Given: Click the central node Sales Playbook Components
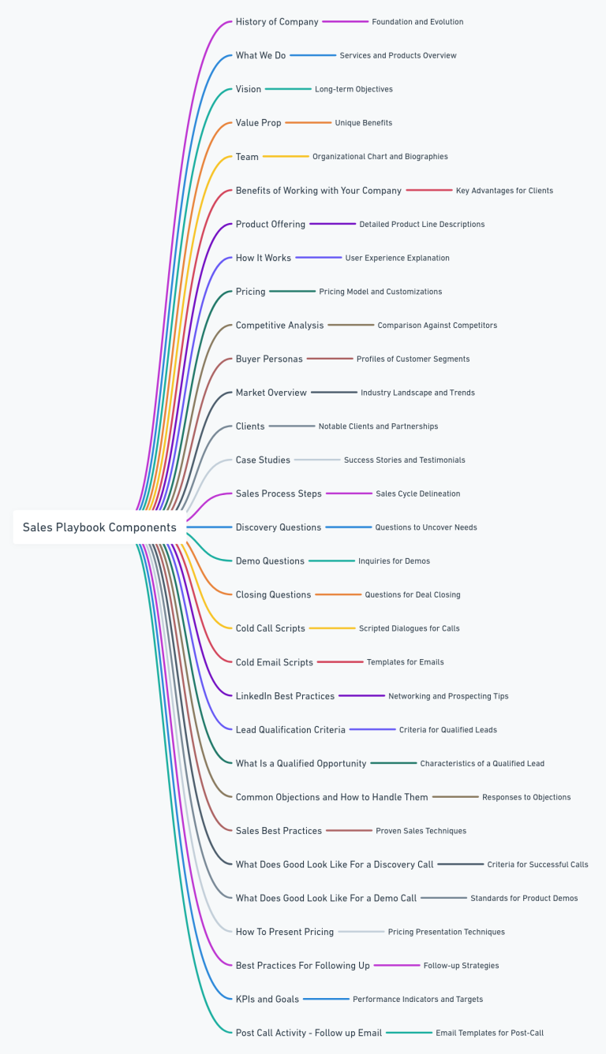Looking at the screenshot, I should point(99,527).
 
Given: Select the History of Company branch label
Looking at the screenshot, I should point(277,22).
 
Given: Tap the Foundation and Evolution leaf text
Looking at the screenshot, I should point(417,22).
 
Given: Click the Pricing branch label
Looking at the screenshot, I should point(250,292).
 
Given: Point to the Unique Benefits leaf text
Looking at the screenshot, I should point(363,123).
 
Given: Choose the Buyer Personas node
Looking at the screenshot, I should point(269,359).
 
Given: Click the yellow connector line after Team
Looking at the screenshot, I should point(286,157).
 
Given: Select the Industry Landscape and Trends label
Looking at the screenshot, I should point(417,393).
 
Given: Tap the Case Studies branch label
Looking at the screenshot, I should point(263,460).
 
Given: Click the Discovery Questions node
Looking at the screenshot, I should point(279,527).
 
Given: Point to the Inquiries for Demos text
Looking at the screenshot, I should point(394,561).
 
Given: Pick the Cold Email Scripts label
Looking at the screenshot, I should point(275,663).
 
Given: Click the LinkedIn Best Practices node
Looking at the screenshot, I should point(285,696).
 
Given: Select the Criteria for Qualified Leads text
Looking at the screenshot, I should point(447,730).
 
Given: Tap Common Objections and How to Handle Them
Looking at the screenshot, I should point(331,797).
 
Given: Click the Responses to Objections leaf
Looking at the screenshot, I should point(526,797).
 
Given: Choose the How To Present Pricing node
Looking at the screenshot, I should point(285,932).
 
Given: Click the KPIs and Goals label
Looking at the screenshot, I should point(267,1000).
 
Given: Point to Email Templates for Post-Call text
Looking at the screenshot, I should point(489,1033).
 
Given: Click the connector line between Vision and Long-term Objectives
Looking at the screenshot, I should point(288,89).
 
